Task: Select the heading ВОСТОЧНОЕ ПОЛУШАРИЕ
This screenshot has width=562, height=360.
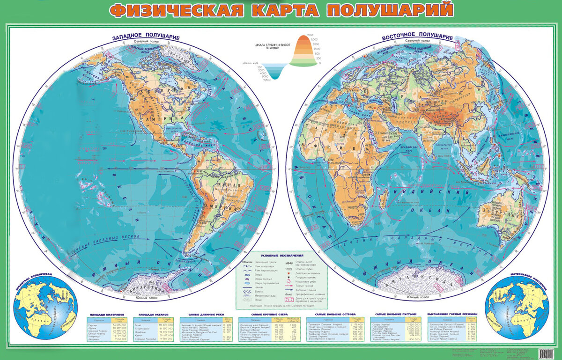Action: click(417, 37)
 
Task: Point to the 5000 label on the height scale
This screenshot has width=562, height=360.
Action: click(317, 39)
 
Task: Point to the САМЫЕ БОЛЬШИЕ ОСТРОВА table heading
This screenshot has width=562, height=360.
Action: click(335, 315)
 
